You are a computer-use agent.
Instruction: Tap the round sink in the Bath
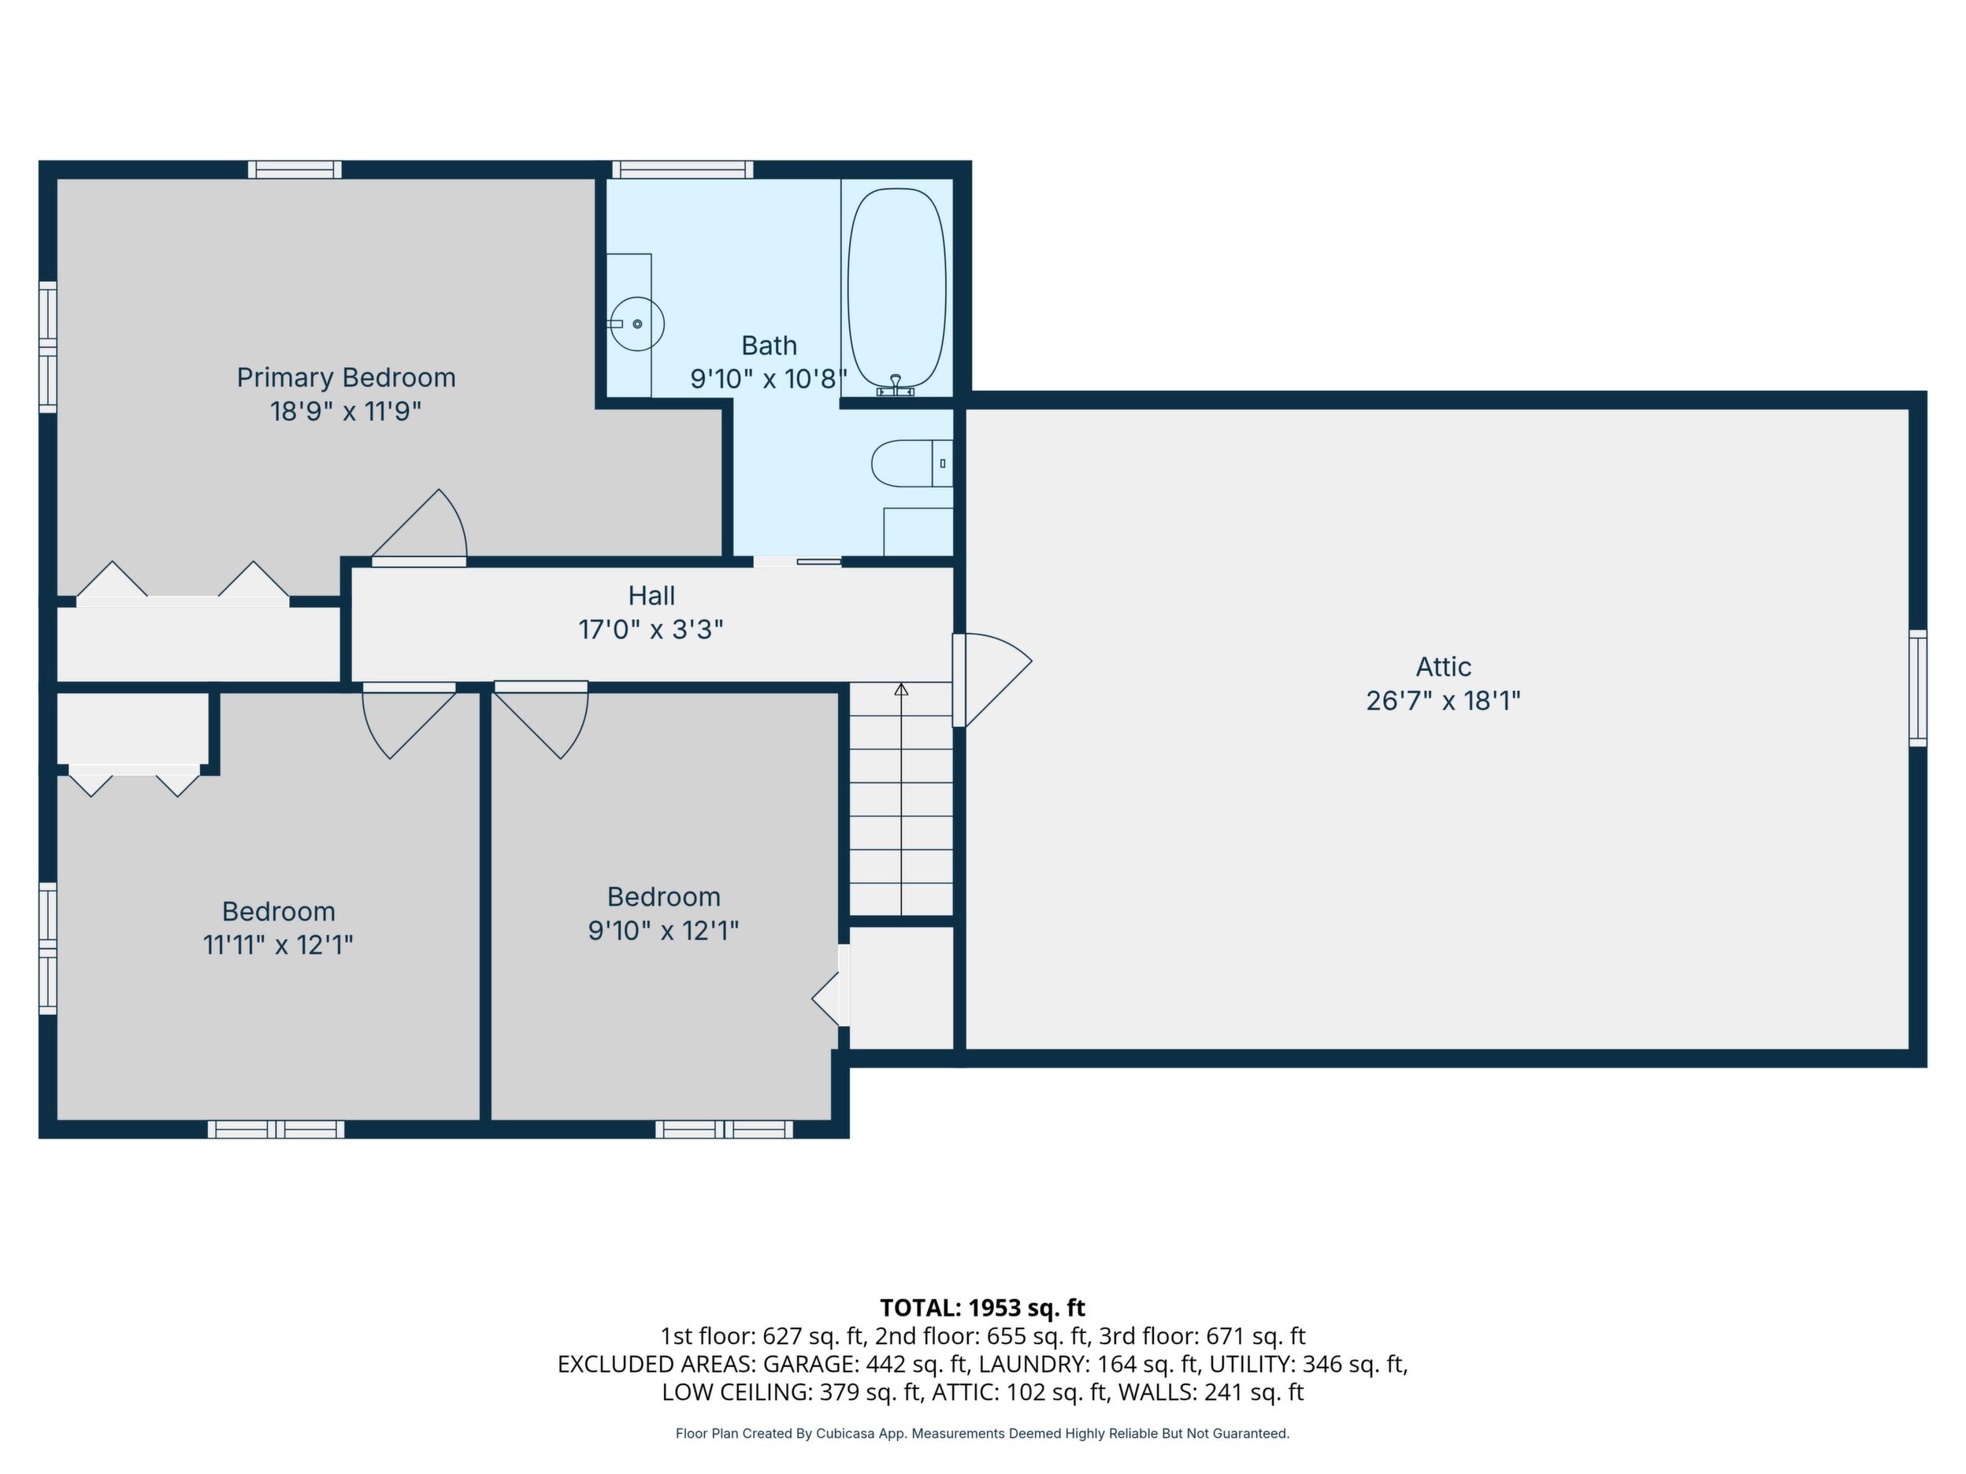(x=637, y=324)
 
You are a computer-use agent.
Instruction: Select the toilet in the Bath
(x=912, y=463)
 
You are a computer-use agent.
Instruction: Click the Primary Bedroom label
(x=346, y=378)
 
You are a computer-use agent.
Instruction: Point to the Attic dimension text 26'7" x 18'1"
(x=1444, y=701)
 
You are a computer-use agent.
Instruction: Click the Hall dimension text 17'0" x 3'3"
(x=651, y=630)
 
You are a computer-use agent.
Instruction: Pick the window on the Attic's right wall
(x=1918, y=687)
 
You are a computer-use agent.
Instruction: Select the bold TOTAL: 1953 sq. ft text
(x=983, y=1308)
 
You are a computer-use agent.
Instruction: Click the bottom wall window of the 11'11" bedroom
(x=276, y=1129)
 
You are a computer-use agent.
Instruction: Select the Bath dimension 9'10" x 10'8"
(x=769, y=380)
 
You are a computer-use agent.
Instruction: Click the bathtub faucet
(x=896, y=385)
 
